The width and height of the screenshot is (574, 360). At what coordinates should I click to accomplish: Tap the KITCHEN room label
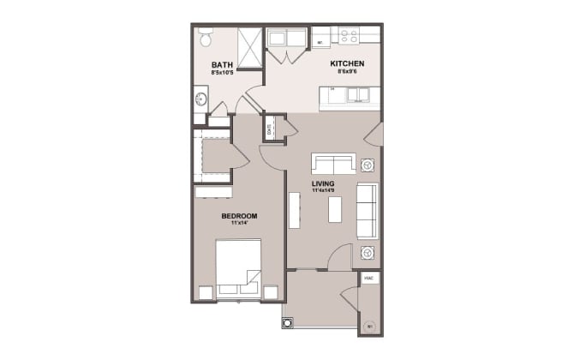coord(349,63)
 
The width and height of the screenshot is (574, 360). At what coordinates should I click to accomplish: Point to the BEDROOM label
coord(239,215)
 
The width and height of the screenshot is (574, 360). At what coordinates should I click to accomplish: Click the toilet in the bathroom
coord(206,38)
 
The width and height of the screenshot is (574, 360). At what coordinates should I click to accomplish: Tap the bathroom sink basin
coord(200,104)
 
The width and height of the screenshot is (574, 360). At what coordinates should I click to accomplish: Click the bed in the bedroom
coord(239,267)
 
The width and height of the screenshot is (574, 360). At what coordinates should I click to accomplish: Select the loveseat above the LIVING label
coord(333,164)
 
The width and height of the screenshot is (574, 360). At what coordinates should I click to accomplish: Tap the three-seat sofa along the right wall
coord(367,211)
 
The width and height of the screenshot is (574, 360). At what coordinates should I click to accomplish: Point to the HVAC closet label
coord(368,279)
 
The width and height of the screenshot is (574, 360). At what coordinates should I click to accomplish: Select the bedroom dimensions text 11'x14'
coord(239,223)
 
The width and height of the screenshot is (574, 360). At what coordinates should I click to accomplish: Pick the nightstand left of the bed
coord(204,291)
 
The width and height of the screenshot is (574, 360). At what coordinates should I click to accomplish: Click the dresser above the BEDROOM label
coord(213,192)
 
